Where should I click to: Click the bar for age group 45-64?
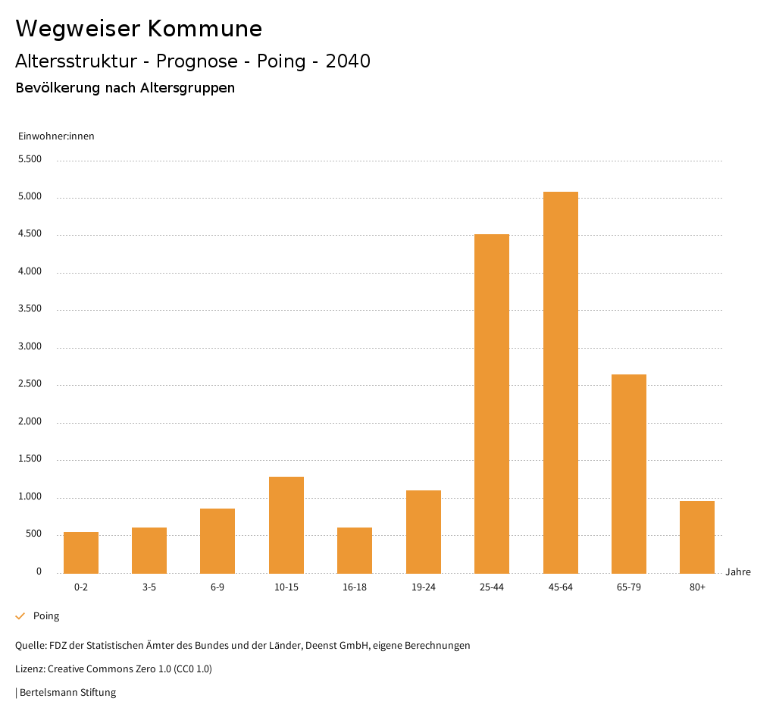pos(560,383)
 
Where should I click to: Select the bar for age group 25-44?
pos(492,404)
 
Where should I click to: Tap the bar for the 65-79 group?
pos(628,474)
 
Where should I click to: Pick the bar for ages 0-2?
pos(81,553)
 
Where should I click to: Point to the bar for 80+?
pos(697,537)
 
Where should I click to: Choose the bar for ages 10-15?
pos(286,524)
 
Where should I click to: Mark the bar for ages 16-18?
pos(355,550)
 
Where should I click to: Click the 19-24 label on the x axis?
pos(424,587)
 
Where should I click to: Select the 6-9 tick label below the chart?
pos(217,587)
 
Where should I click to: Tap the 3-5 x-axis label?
pos(149,587)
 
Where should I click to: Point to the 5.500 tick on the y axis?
pos(30,160)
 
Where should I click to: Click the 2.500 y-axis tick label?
pos(30,384)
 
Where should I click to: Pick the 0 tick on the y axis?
pos(39,571)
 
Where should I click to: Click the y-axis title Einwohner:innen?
pos(56,136)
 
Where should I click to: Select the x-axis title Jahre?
pos(737,572)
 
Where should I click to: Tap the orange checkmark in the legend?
pos(20,616)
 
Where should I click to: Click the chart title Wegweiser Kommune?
pos(139,29)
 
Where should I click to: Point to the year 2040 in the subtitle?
pos(348,61)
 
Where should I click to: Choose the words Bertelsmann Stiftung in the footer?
pos(67,693)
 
